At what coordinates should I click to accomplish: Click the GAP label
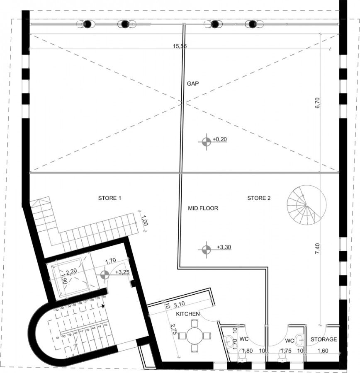coord(193,83)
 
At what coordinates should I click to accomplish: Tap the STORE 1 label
coord(109,198)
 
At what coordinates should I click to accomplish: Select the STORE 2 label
coord(259,198)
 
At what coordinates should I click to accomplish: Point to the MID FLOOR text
coord(203,208)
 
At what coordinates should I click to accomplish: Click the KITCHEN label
coord(188,314)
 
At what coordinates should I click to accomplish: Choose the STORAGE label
coord(324,339)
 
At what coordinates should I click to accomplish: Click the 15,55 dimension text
coord(180,46)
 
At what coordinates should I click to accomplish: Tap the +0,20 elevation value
coord(219,140)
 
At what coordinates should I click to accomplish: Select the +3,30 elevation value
coord(224,247)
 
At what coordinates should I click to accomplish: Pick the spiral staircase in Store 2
coord(306,205)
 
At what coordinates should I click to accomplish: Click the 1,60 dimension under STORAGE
coord(323,351)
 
